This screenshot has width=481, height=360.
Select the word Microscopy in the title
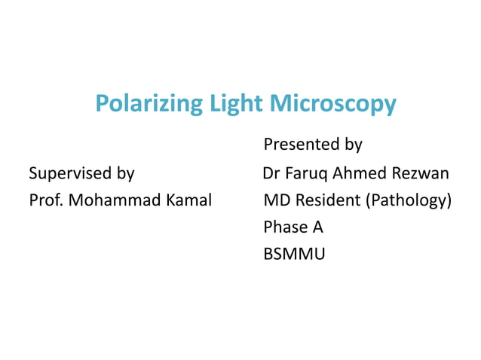pos(333,104)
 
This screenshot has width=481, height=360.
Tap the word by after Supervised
pos(124,174)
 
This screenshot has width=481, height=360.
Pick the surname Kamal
pos(188,201)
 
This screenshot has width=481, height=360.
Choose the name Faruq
pos(307,174)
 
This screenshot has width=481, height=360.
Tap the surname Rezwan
pos(423,174)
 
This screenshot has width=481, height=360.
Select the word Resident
pos(326,201)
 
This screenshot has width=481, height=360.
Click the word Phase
pos(284,227)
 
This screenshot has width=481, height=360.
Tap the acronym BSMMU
pos(295,255)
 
